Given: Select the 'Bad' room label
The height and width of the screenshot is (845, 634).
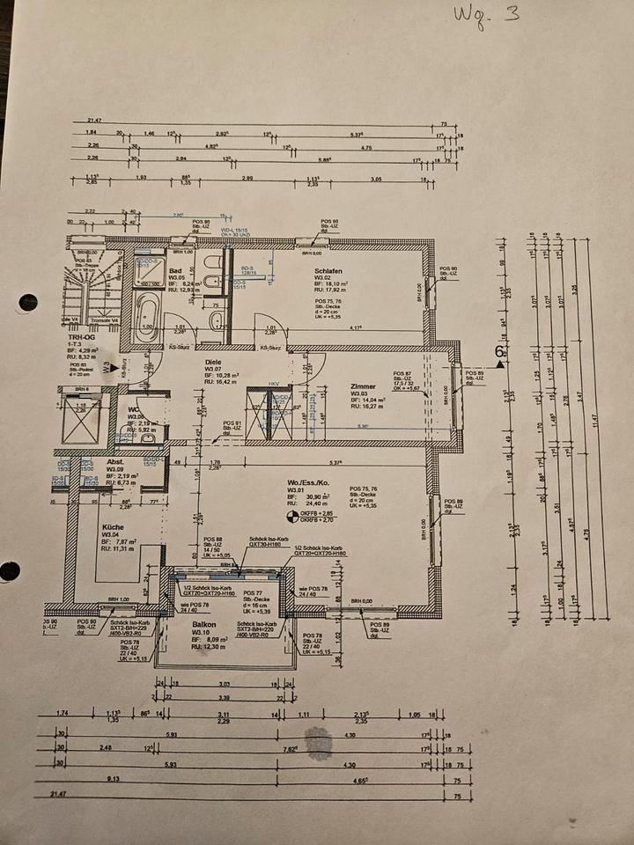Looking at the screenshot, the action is tap(175, 270).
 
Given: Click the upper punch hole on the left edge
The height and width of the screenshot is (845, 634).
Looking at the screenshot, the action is tap(27, 303).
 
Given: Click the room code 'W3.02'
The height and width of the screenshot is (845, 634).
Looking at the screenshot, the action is tap(322, 278).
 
